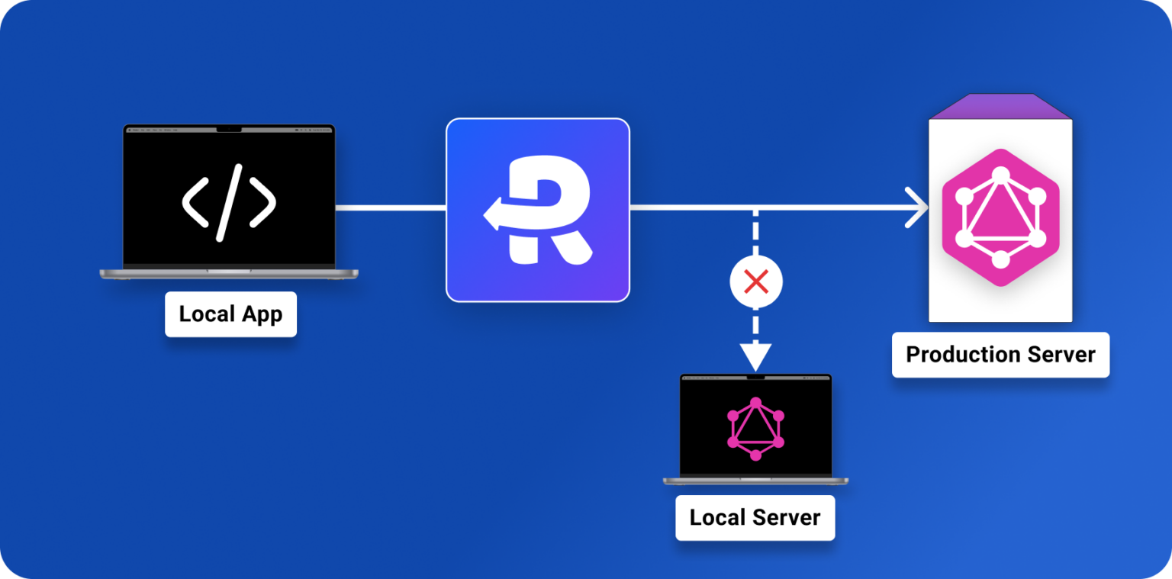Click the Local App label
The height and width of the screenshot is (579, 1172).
pyautogui.click(x=230, y=314)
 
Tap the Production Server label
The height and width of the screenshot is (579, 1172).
pyautogui.click(x=1000, y=355)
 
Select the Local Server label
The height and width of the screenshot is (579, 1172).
pyautogui.click(x=755, y=518)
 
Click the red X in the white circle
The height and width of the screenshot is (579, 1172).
pyautogui.click(x=755, y=283)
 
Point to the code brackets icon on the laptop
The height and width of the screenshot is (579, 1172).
pyautogui.click(x=229, y=203)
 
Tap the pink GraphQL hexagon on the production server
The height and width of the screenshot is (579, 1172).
pyautogui.click(x=1000, y=217)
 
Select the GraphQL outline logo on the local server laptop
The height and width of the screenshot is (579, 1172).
pyautogui.click(x=755, y=429)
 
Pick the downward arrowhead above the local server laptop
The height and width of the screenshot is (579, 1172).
pyautogui.click(x=755, y=355)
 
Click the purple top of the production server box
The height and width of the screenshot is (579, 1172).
pyautogui.click(x=1000, y=107)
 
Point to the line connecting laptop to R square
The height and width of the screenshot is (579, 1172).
pyautogui.click(x=391, y=207)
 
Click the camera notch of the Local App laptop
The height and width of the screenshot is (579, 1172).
pyautogui.click(x=229, y=129)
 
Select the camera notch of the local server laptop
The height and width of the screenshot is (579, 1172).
pyautogui.click(x=755, y=377)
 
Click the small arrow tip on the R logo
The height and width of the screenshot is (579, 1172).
pyautogui.click(x=489, y=215)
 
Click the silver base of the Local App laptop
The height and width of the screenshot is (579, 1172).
pyautogui.click(x=229, y=272)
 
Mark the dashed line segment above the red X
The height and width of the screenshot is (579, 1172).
pyautogui.click(x=755, y=234)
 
